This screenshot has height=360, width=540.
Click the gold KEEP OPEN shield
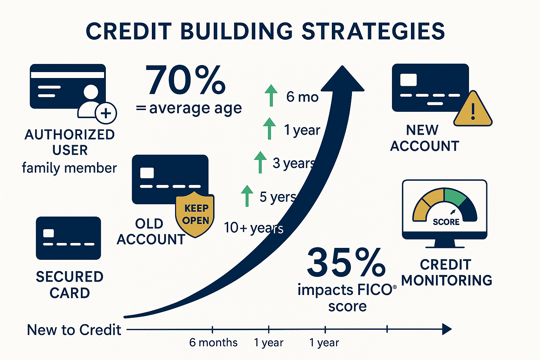coord(195,214)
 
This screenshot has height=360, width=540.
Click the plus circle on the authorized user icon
coord(106,113)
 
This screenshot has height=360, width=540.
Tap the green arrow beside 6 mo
coord(271,95)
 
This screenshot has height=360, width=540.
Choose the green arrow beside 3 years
coord(260,162)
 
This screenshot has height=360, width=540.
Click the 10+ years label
coord(253,228)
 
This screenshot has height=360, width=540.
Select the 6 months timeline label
coord(213,342)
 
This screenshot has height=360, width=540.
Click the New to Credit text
coord(74,330)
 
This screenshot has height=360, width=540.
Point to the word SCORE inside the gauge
coord(446,222)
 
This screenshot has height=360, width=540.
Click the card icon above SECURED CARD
coord(68,238)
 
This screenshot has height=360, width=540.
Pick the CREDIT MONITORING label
coord(446,272)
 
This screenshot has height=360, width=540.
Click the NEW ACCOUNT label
coord(424,138)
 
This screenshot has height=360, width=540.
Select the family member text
coord(69,168)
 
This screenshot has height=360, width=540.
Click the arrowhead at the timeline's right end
coord(446,329)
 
